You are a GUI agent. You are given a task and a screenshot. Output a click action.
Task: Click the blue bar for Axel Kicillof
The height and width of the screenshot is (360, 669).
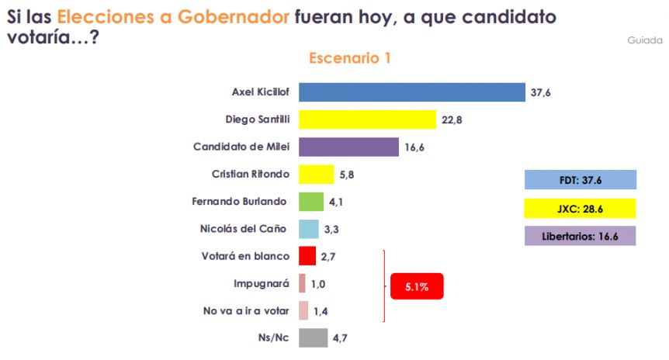(412, 92)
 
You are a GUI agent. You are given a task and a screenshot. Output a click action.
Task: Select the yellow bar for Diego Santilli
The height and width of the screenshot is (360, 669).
(367, 119)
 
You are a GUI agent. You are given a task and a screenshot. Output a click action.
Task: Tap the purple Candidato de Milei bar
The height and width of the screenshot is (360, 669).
(348, 147)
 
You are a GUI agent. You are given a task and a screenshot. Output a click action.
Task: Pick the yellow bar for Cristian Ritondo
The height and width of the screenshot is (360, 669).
(316, 174)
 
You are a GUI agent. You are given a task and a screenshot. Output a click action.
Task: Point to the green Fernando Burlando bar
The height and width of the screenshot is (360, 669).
(311, 202)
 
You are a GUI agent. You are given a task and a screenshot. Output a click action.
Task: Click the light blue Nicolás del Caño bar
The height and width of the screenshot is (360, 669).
(309, 229)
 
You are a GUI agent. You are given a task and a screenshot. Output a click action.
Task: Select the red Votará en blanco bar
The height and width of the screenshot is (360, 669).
(307, 256)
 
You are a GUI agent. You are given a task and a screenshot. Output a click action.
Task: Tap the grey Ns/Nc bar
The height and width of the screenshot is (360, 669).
(313, 337)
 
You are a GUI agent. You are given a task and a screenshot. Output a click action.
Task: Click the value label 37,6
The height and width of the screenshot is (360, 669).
(541, 92)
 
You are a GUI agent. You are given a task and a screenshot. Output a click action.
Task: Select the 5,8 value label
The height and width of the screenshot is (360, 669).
(346, 175)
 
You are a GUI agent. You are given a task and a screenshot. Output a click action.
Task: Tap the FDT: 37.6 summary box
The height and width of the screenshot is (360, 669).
(581, 181)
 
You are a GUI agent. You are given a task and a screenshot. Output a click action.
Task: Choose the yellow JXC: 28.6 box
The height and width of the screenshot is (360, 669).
(581, 208)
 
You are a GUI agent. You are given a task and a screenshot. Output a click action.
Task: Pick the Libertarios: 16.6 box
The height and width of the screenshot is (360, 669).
(581, 235)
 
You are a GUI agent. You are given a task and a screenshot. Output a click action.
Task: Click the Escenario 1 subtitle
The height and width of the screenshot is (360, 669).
(349, 58)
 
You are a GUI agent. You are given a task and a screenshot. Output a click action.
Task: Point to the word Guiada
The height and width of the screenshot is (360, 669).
(644, 40)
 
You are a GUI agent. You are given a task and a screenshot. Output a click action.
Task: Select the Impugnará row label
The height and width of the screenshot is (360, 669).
(261, 283)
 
